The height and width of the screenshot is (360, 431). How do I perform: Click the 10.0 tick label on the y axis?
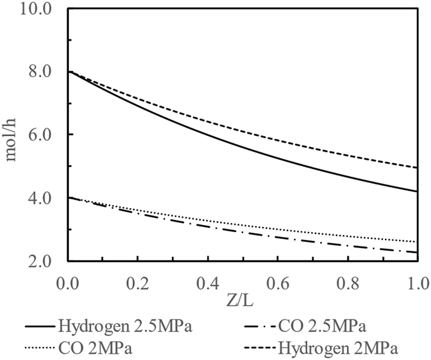[x=42, y=10]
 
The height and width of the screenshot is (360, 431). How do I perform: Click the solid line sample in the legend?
[x=40, y=327]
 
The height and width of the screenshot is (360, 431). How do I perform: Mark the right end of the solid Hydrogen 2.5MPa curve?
[x=418, y=191]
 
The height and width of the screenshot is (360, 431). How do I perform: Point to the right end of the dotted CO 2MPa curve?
[x=418, y=242]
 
